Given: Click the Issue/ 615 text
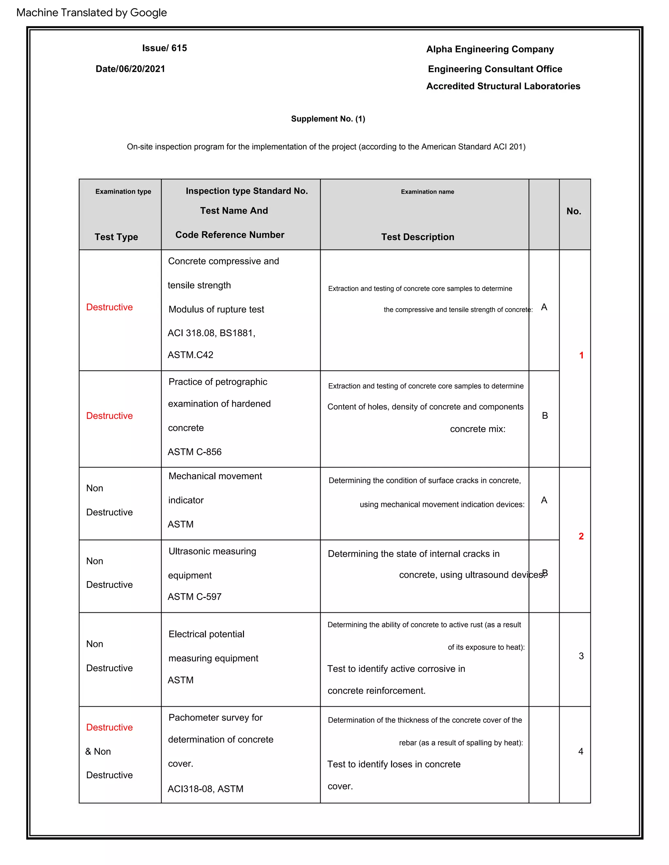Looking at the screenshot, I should (165, 48).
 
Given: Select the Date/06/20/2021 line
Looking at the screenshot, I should (130, 69).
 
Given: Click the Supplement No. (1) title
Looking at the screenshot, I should (328, 119).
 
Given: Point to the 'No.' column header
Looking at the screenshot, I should (574, 211).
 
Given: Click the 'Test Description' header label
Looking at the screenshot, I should (417, 237).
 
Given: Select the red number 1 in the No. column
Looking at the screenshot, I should (581, 355).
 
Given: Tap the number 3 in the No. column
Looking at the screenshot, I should (581, 656).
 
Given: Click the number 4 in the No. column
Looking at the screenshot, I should (580, 751).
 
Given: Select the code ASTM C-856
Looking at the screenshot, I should (194, 452).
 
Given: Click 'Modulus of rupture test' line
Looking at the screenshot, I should (216, 309).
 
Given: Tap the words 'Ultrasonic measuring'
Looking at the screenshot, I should (212, 551).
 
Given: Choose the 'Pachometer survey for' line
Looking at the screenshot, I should (215, 718).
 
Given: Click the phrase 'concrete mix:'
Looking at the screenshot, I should (478, 429).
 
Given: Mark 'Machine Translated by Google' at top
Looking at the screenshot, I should (91, 13).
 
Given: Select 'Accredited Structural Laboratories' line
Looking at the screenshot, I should (503, 86).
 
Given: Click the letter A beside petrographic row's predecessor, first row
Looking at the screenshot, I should (544, 307).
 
